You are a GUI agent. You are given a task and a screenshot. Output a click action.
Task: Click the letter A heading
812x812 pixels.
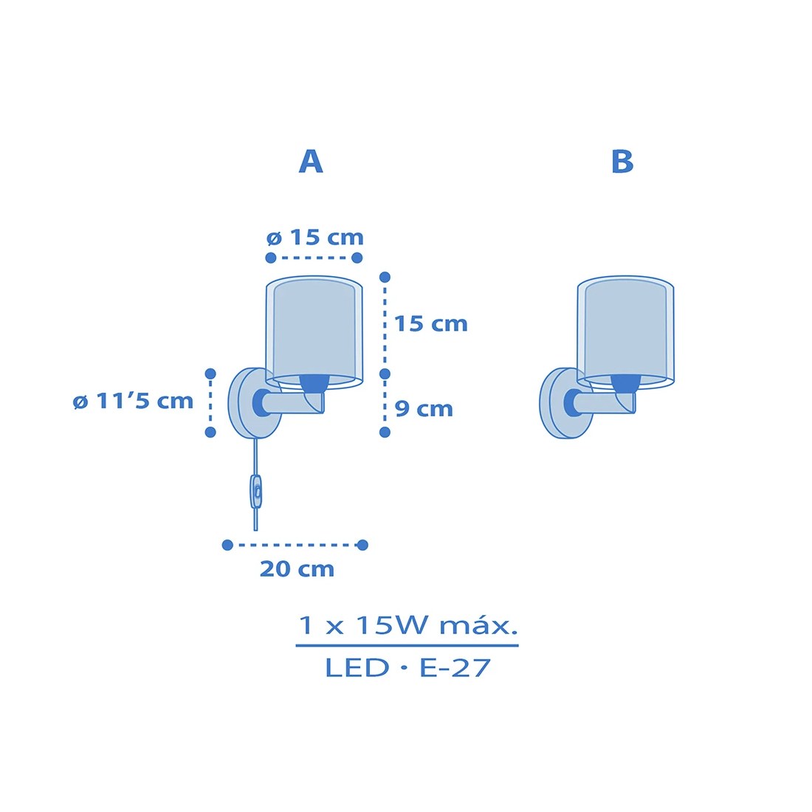[x=311, y=162]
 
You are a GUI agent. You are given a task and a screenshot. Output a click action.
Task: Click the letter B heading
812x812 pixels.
[x=622, y=162]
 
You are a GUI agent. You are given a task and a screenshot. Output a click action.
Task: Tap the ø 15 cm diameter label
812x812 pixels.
[x=315, y=237]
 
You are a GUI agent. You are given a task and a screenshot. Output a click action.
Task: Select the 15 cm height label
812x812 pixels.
[x=431, y=323]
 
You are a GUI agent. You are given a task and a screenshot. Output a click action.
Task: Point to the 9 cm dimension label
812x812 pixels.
[x=424, y=409]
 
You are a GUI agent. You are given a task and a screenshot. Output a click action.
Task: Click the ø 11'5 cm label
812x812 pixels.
[x=133, y=401]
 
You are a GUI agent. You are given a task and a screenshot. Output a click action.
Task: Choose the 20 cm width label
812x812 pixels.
[x=297, y=568]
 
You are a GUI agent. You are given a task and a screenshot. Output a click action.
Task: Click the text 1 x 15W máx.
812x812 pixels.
[x=408, y=625]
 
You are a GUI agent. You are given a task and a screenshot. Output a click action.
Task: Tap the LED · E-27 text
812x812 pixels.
[x=407, y=667]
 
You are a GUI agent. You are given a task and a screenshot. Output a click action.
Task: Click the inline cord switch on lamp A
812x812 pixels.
[x=256, y=491]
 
